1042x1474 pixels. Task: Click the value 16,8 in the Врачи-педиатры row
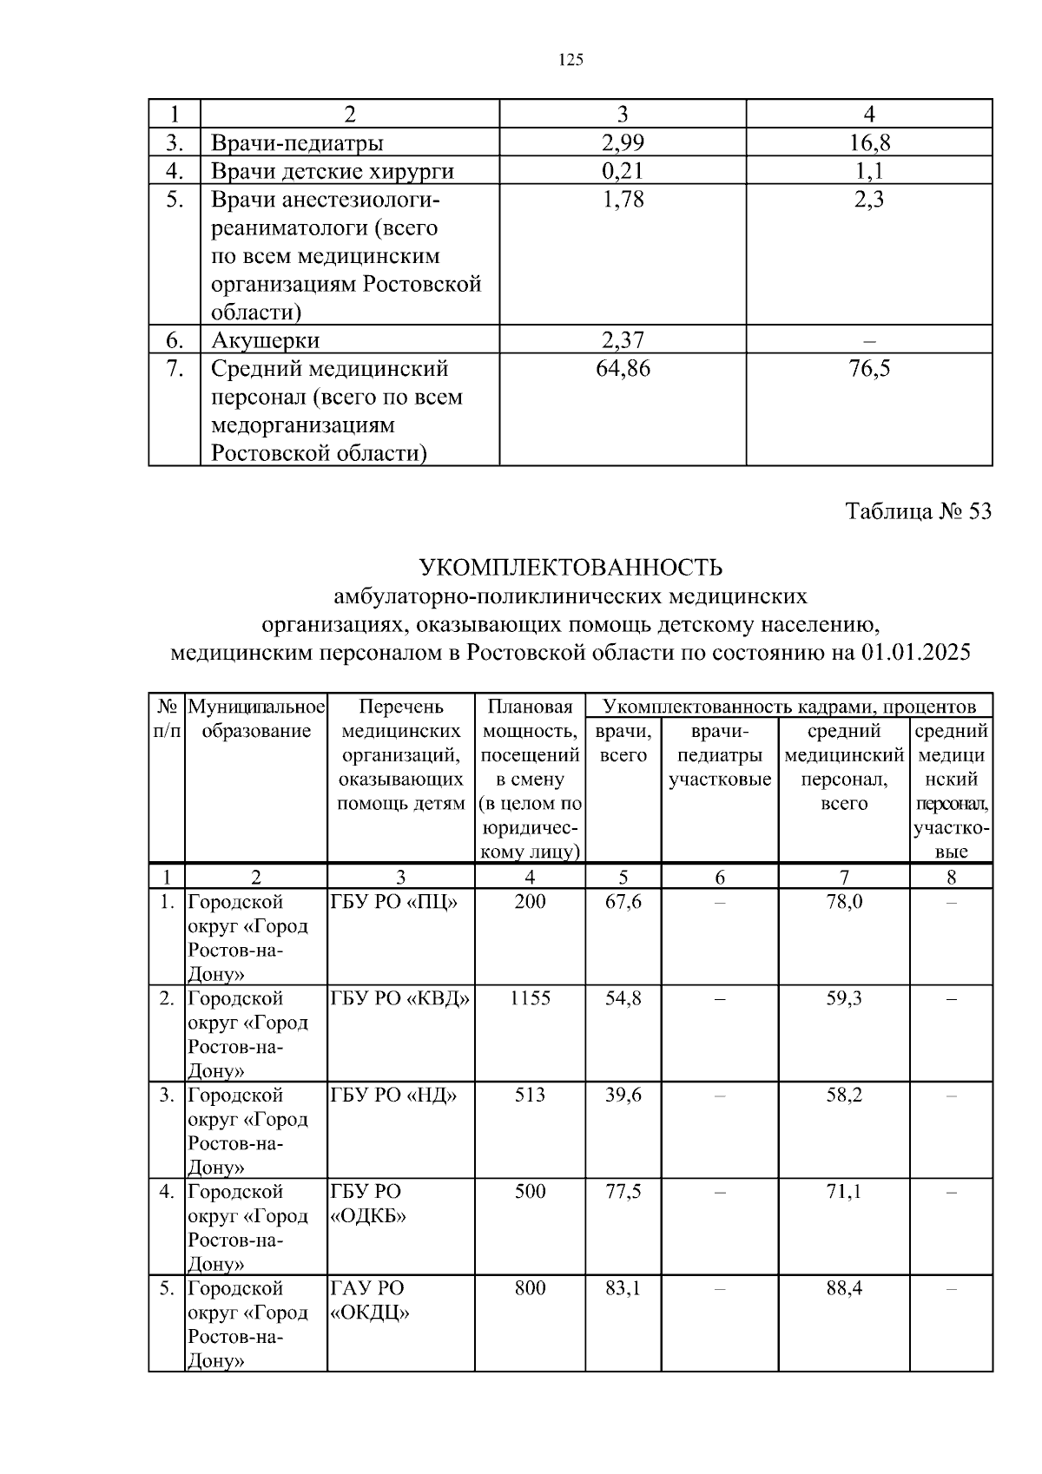coord(869,142)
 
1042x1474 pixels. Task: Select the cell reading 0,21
coord(622,171)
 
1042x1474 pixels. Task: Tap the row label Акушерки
coord(265,339)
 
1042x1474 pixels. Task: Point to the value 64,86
coord(623,369)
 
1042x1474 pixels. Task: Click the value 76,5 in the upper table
coord(869,369)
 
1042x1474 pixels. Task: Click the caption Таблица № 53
coord(918,511)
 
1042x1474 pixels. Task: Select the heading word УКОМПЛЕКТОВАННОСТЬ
coord(570,569)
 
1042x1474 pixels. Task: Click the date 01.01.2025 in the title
coord(915,653)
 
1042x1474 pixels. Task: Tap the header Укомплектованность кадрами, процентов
coord(788,706)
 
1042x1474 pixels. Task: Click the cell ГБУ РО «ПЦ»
coord(393,902)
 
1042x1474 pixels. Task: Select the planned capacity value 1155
coord(530,998)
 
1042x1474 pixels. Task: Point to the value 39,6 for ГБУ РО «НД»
coord(623,1095)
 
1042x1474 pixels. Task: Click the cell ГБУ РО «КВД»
coord(400,998)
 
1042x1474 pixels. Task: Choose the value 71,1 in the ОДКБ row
coord(843,1191)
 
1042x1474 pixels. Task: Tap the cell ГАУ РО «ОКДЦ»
coord(369,1300)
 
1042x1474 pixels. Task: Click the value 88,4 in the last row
coord(843,1287)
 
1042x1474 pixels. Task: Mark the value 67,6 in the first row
coord(623,902)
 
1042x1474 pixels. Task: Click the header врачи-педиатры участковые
coord(720,755)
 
